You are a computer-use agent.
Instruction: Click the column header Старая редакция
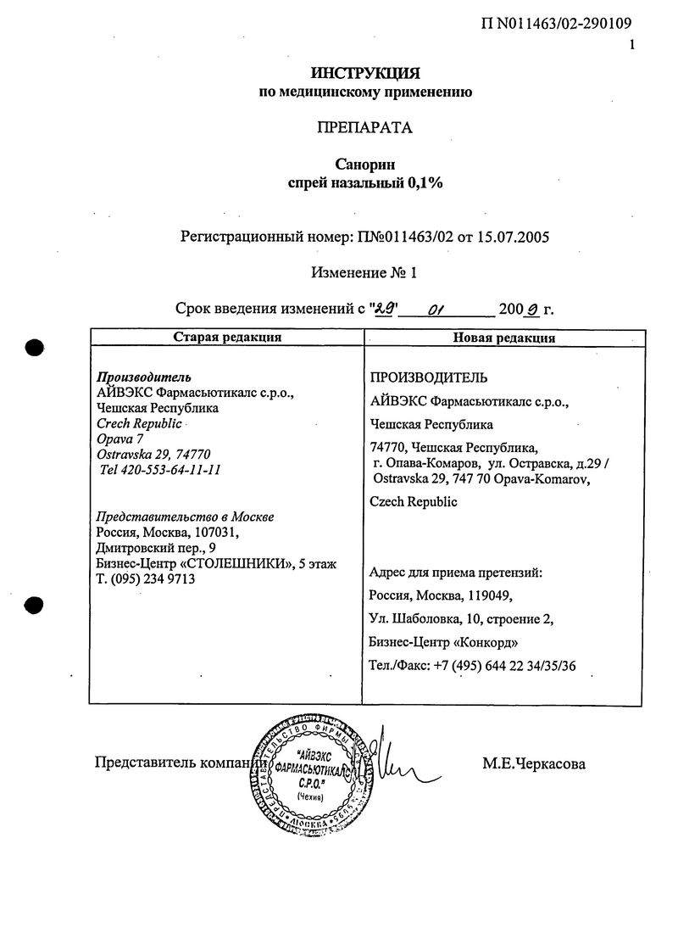coord(227,338)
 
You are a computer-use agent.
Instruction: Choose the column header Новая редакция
coord(503,338)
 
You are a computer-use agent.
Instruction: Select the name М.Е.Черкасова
coord(534,764)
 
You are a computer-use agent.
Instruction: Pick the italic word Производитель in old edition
coord(143,377)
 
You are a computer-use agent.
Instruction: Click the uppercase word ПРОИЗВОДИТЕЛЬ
coord(428,377)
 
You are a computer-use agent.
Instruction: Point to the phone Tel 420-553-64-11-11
coord(160,469)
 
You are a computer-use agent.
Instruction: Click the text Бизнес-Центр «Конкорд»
coord(444,641)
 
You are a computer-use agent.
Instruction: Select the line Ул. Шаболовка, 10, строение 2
coord(462,618)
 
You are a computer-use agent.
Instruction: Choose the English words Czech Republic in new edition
coord(414,501)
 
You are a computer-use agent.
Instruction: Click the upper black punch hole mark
coord(34,348)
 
